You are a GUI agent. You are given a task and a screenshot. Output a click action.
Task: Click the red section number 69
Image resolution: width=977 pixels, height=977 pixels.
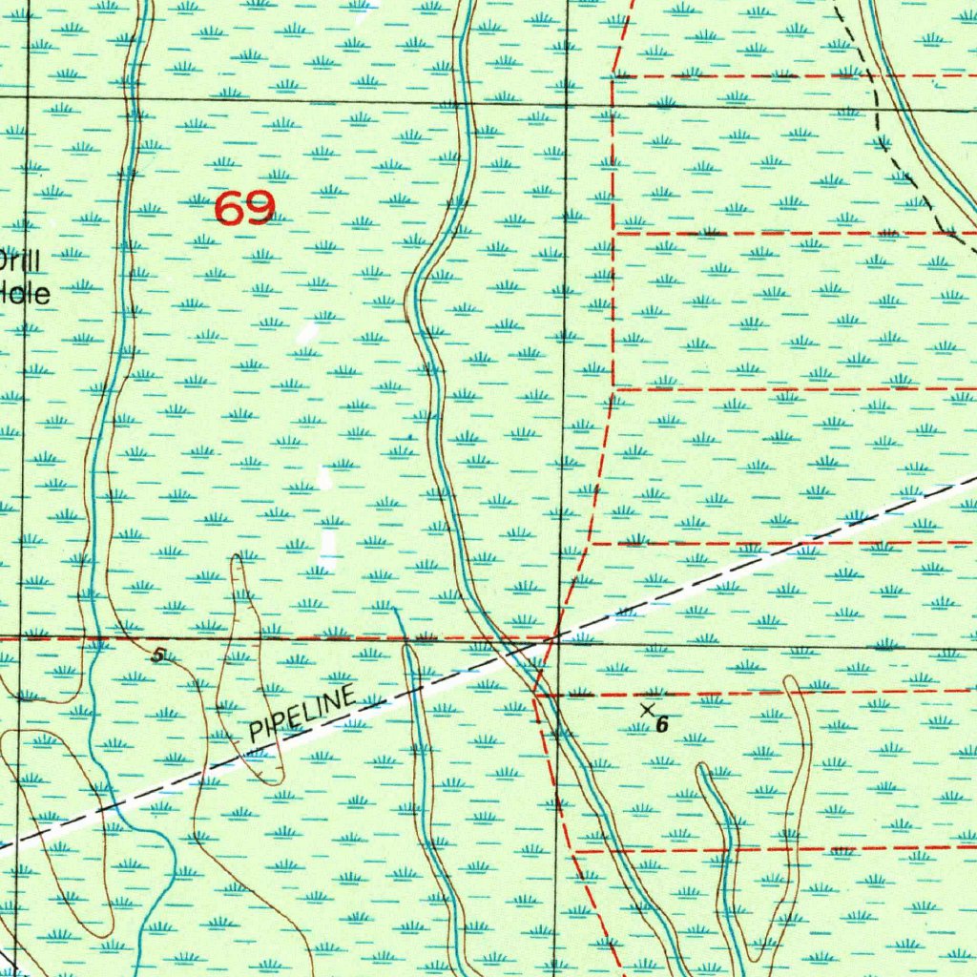(x=245, y=207)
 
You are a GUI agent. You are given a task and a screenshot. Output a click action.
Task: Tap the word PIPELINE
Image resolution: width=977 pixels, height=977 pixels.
(x=302, y=716)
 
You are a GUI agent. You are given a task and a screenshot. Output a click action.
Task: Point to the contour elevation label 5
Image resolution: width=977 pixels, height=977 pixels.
(x=157, y=655)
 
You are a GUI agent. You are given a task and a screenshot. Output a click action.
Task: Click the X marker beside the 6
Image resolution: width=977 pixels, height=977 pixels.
(x=648, y=710)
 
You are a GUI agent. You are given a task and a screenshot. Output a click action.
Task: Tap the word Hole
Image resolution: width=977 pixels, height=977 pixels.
(x=25, y=293)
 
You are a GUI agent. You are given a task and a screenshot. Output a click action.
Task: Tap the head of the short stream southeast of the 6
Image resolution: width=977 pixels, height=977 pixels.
(x=703, y=769)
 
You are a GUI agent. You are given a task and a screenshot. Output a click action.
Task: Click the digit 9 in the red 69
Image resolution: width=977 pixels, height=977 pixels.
(x=260, y=207)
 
